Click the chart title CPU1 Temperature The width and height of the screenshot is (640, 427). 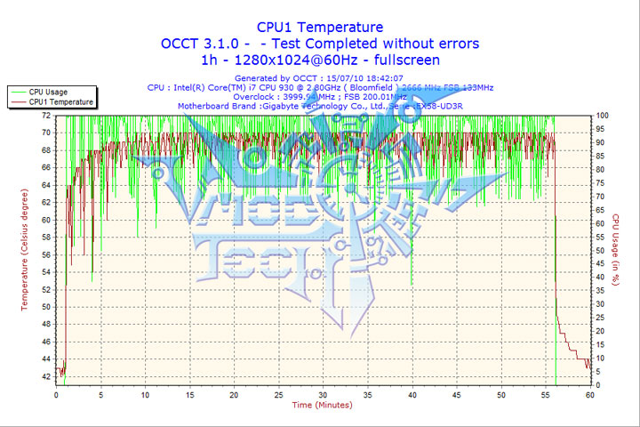coord(320,27)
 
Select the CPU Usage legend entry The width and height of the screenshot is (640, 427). coord(48,92)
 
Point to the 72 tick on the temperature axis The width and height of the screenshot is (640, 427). coord(45,116)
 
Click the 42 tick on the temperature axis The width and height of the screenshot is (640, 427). coord(45,376)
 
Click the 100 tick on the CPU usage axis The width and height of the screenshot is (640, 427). coord(601,116)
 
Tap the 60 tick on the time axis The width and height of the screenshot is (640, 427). coord(588,395)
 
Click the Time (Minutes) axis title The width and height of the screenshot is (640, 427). coord(322,406)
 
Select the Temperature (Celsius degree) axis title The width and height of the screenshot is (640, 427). coord(25,250)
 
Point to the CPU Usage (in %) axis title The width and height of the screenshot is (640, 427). coord(614,250)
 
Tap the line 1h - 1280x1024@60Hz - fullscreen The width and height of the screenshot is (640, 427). coord(320,60)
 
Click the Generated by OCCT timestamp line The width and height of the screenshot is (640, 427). coord(320,78)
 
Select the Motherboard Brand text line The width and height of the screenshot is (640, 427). coord(320,106)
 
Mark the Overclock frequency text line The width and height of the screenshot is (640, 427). coord(320,96)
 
